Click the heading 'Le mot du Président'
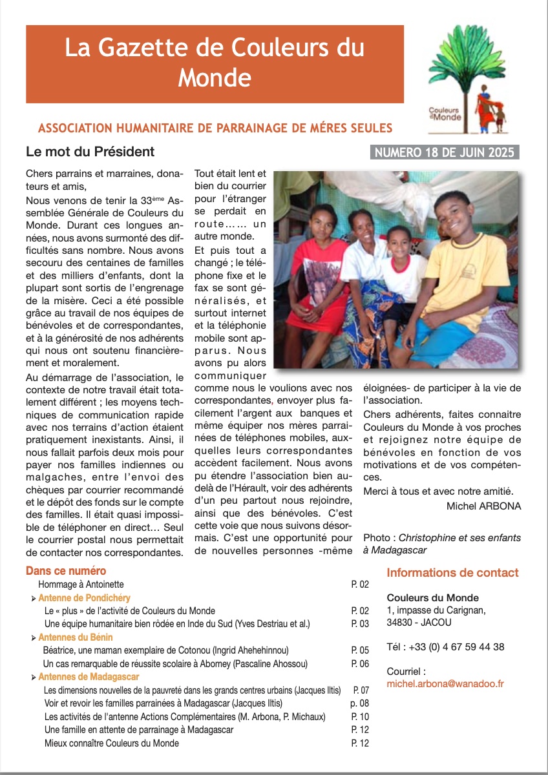(x=90, y=152)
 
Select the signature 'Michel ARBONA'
(x=483, y=506)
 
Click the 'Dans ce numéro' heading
(x=66, y=571)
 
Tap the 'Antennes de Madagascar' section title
(x=89, y=677)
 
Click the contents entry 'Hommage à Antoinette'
(x=78, y=584)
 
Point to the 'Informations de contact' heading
(x=452, y=573)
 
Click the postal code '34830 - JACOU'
(x=419, y=623)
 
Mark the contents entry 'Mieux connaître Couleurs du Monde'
(x=112, y=743)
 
